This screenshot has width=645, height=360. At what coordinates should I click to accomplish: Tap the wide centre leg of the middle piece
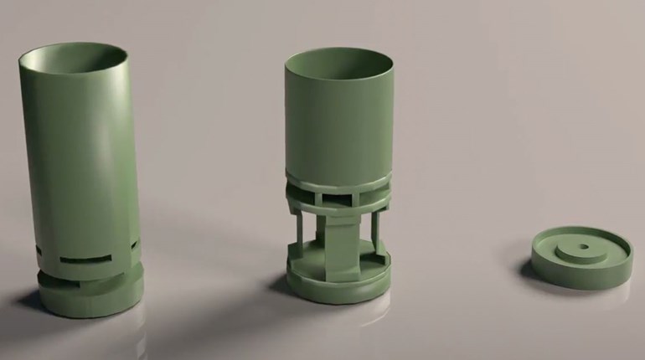339,247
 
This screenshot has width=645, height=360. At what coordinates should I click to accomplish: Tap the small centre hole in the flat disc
578,249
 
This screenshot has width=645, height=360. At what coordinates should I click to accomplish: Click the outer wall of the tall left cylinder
75,167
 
